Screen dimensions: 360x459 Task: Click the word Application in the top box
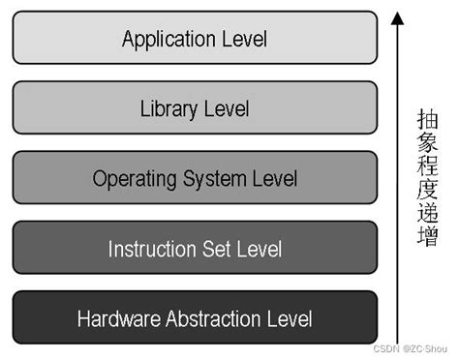click(x=168, y=40)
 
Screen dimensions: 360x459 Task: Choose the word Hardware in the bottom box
click(x=116, y=318)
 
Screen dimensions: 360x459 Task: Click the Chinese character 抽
click(x=427, y=120)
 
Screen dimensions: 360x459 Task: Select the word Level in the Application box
click(x=243, y=40)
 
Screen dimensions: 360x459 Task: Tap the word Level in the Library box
click(x=226, y=108)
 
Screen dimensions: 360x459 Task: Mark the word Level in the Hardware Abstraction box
click(x=289, y=318)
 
